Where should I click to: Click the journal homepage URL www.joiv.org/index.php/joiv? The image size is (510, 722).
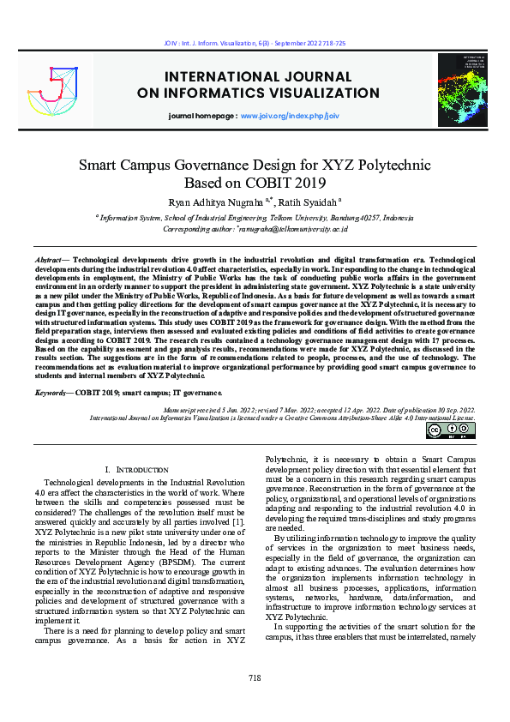pos(290,114)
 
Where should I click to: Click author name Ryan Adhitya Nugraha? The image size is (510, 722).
pos(219,202)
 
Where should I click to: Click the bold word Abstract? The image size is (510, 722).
pos(48,258)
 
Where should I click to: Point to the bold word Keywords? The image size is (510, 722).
pos(51,392)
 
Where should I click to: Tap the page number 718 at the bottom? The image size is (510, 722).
pos(255,701)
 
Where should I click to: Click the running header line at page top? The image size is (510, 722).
pos(255,42)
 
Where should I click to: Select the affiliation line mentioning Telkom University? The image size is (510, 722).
pos(255,219)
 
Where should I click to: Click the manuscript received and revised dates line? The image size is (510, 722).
pos(315,410)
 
